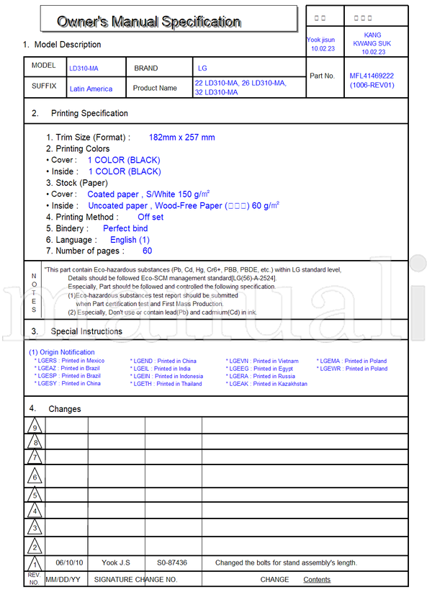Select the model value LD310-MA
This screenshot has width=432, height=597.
[84, 68]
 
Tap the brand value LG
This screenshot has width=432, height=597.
[202, 68]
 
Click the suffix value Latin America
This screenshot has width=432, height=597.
[91, 89]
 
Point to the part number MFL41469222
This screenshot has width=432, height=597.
[372, 76]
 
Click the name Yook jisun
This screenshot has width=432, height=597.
[320, 40]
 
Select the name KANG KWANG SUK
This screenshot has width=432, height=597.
[373, 43]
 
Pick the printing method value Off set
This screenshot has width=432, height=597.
[150, 217]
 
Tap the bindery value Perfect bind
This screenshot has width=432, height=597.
[125, 228]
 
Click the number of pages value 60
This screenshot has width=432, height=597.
[147, 251]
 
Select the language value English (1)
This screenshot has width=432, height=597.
[130, 240]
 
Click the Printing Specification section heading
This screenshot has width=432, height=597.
[89, 113]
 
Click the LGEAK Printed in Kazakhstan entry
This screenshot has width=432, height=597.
[268, 384]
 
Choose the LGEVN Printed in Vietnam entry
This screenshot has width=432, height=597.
[264, 361]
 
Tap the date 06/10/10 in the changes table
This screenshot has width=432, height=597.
[70, 562]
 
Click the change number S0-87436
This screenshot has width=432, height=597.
[172, 562]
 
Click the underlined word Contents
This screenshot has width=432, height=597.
[317, 580]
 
